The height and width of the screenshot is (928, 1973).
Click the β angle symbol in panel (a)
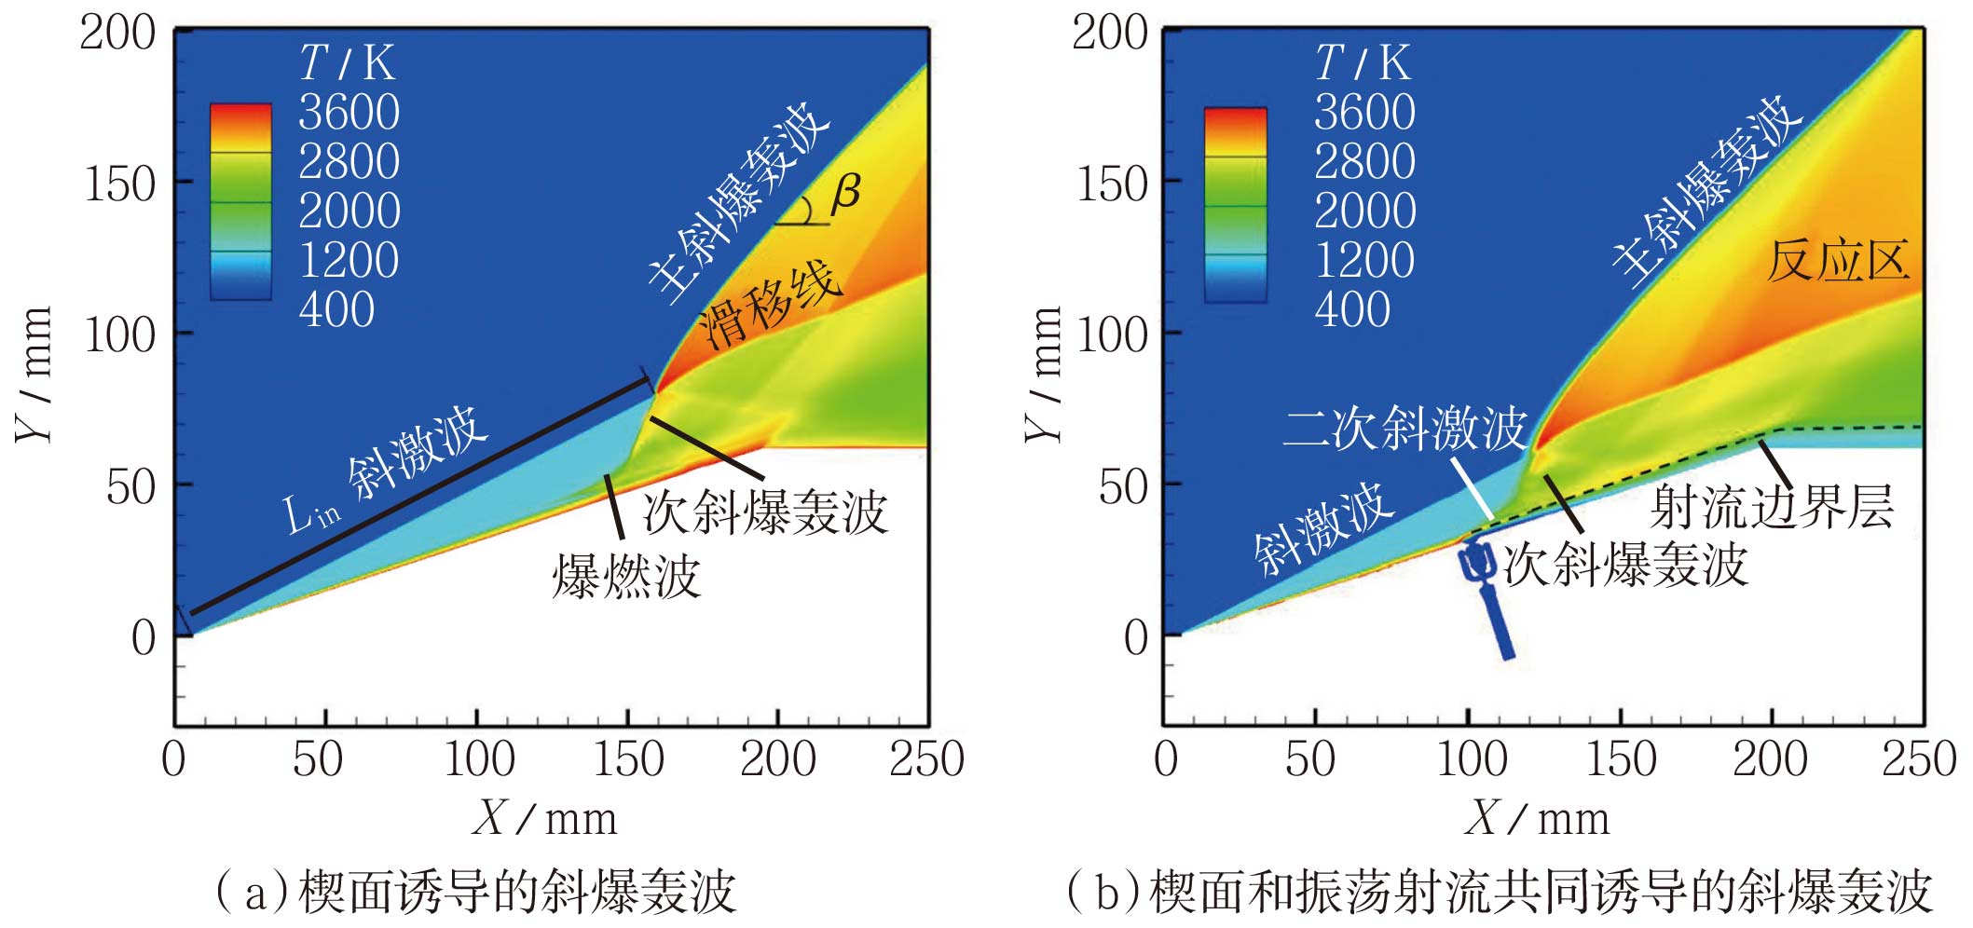(846, 193)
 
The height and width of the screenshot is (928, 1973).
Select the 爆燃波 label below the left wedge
(626, 576)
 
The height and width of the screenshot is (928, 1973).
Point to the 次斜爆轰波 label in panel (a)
(764, 512)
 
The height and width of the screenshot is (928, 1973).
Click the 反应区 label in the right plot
(1838, 261)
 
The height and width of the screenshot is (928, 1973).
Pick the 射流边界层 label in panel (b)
(1772, 508)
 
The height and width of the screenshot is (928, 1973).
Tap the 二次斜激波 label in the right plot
(1404, 429)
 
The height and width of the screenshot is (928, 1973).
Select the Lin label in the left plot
(310, 514)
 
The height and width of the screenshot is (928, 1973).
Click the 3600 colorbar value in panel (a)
(349, 113)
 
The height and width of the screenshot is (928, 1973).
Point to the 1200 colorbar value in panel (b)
(1364, 260)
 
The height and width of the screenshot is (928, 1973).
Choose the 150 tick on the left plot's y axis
(119, 184)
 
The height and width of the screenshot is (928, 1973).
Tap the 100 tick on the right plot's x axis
(1472, 758)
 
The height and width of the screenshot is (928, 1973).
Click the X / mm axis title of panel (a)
(545, 819)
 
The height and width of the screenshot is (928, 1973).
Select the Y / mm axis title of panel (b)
(1044, 373)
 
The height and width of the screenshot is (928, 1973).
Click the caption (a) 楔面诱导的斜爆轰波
(475, 892)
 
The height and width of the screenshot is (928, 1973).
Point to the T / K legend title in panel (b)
(1363, 63)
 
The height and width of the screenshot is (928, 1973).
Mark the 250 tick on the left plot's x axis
(926, 758)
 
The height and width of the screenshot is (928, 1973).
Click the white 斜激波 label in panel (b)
(1323, 528)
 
